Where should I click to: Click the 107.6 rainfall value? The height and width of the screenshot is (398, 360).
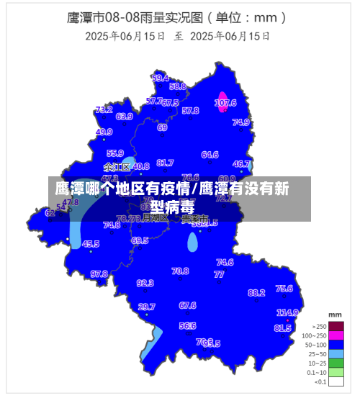pos(225,103)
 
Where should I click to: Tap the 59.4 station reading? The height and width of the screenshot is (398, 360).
pos(161,78)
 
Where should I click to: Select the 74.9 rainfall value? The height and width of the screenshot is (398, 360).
pos(240,122)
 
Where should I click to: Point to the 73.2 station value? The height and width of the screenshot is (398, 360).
pos(104,110)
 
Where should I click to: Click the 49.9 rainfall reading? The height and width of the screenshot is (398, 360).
pos(104,132)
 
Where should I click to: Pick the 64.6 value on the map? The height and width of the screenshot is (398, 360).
pos(210,155)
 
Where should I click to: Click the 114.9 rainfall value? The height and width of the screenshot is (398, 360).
pos(287,312)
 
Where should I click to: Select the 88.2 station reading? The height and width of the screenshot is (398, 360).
pos(256,293)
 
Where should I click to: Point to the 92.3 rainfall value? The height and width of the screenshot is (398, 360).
pos(145,283)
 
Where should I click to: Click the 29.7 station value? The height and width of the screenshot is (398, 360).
pos(146,307)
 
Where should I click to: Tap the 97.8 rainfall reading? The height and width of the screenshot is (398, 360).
pos(99,273)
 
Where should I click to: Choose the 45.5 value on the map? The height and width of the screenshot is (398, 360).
pos(91,244)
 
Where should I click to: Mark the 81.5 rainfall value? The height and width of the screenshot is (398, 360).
pos(282,328)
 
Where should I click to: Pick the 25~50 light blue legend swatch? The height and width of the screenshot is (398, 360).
pos(336,353)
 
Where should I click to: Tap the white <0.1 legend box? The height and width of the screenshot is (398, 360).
pos(336,381)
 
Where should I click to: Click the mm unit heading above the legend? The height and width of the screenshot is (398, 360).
pos(335,315)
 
